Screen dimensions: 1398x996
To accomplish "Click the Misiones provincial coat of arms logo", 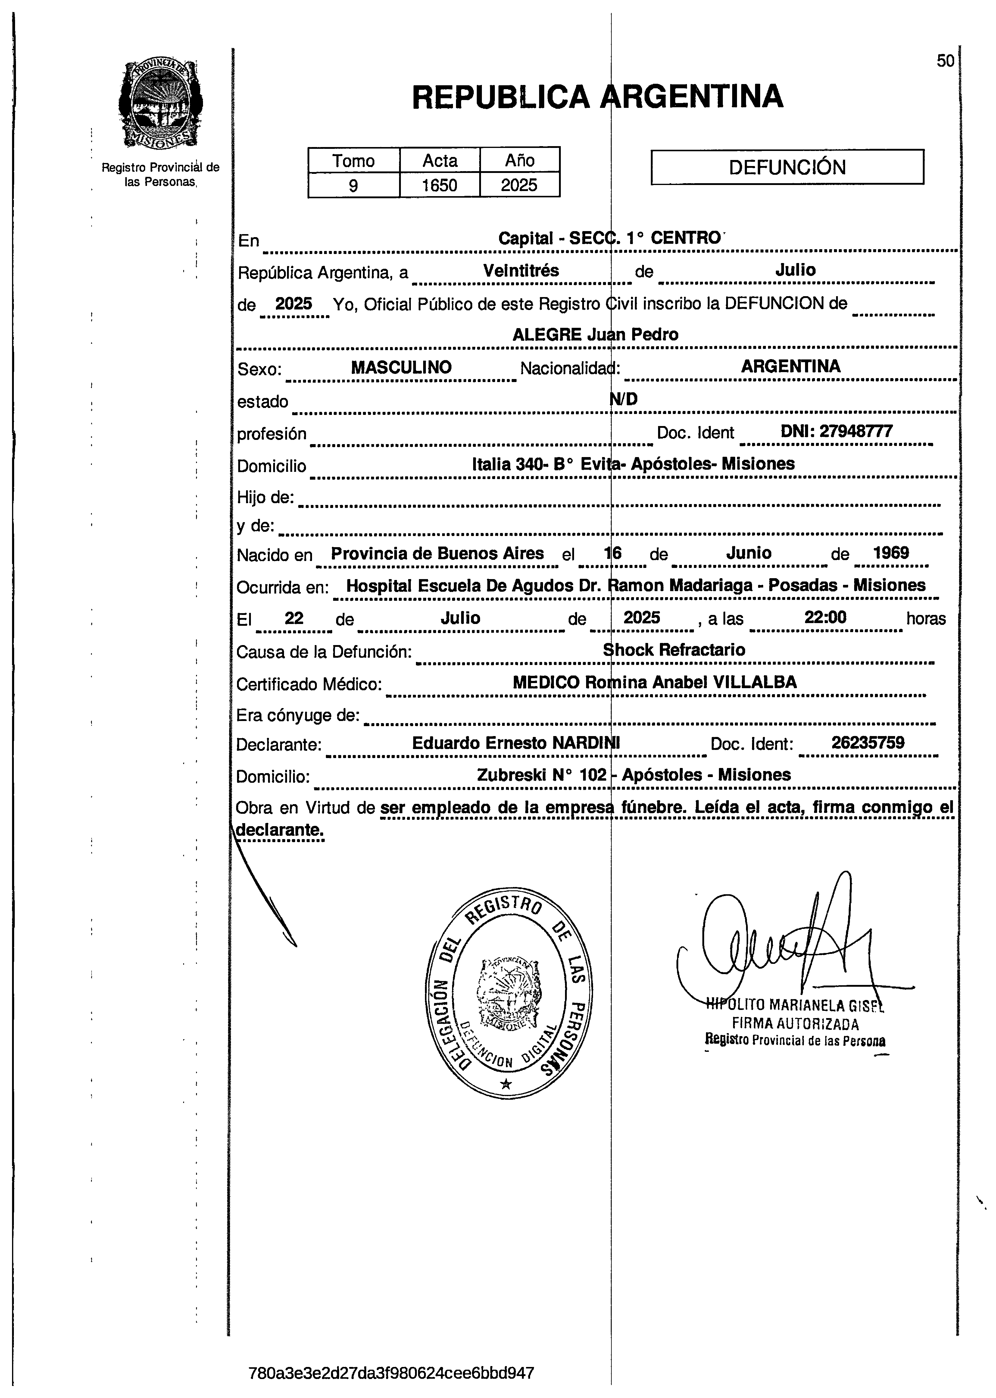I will click(161, 104).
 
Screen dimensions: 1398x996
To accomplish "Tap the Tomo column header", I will click(353, 161).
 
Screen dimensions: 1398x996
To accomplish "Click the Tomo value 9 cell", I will click(353, 185).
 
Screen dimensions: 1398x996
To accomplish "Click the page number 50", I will click(945, 61).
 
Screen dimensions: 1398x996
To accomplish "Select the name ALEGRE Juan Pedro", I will click(595, 334).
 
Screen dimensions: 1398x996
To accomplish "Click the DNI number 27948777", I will click(837, 431).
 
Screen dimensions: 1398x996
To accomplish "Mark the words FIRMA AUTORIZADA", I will click(795, 1024).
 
